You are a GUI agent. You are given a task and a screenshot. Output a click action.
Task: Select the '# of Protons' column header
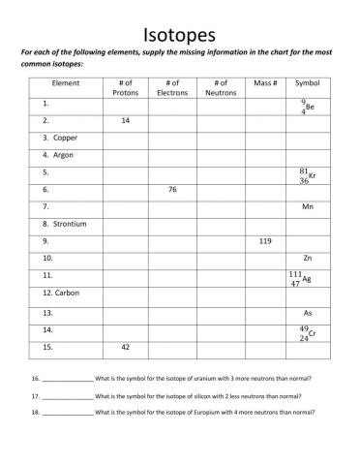click(126, 88)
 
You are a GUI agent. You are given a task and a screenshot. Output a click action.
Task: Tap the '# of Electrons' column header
click(172, 88)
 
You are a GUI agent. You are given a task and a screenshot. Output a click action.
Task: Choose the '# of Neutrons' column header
click(221, 88)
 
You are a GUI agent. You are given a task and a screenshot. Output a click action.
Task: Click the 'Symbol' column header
click(307, 83)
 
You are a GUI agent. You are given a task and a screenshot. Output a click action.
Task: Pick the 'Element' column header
click(66, 83)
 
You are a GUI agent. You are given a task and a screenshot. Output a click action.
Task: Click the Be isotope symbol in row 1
click(307, 106)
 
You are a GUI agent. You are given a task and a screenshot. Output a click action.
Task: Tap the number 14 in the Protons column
click(126, 121)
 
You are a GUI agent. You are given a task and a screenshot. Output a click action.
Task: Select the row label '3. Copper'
click(60, 138)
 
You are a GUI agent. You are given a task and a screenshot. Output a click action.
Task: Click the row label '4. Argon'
click(58, 154)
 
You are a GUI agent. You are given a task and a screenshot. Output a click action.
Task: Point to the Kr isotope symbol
click(307, 175)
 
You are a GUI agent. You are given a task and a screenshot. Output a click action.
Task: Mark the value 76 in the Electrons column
click(172, 190)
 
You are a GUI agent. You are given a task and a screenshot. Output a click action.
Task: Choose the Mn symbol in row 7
click(308, 207)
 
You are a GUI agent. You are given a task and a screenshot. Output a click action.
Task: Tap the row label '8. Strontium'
click(65, 224)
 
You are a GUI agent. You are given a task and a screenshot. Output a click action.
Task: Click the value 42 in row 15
click(126, 346)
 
